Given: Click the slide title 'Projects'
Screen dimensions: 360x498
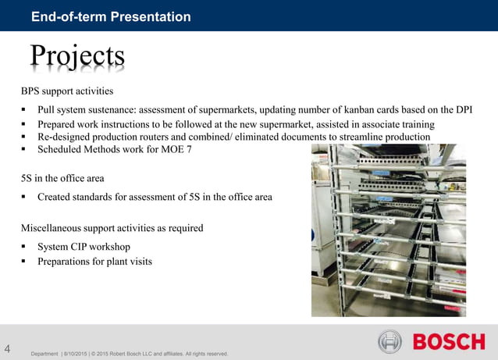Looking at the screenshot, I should pos(77,55).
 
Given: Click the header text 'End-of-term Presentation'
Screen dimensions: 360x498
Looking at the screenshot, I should pos(111,16).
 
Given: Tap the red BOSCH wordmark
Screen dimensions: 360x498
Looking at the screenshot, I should pos(449,342).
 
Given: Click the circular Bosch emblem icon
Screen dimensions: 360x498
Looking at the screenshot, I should pos(390,342).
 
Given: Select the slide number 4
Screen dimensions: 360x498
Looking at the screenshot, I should pos(8,348).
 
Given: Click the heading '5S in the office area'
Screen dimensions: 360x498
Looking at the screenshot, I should pos(62,178).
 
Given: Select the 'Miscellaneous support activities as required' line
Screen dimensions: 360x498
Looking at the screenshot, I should pos(112,228).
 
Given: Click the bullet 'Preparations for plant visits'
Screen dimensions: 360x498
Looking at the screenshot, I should pos(94,261).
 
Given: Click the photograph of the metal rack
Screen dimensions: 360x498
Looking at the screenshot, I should pos(388,230).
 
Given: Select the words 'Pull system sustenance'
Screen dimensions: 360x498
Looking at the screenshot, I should pos(91,110).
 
